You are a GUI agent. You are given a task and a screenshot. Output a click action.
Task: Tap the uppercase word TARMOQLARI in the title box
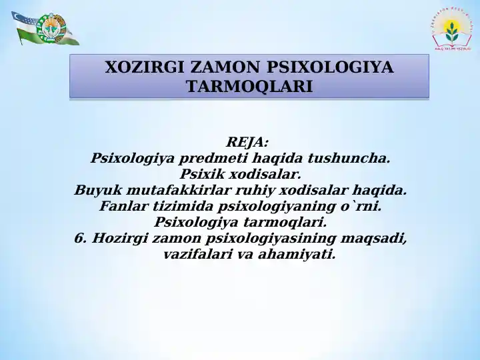point(249,87)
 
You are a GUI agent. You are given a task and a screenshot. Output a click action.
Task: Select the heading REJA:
point(247,142)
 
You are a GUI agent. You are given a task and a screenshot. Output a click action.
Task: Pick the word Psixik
point(199,175)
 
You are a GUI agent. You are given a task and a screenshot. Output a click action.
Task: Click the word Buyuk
point(95,191)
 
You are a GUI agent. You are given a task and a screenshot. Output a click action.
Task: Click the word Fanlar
point(122,207)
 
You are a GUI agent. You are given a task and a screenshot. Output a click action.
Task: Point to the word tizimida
point(175,207)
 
